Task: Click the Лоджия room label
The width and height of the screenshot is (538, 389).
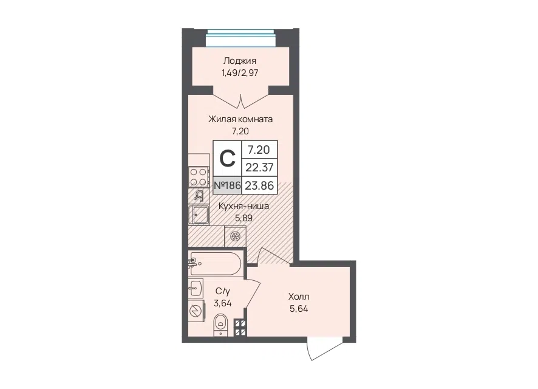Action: tap(239, 61)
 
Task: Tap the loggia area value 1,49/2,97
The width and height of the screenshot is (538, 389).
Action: tap(240, 73)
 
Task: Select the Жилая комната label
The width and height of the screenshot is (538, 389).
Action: tap(240, 119)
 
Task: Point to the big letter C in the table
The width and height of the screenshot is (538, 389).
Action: tap(227, 159)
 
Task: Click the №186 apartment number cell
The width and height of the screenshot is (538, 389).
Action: tap(227, 185)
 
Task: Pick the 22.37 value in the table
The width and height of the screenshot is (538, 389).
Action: tap(259, 168)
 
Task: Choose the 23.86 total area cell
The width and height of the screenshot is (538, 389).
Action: tap(259, 186)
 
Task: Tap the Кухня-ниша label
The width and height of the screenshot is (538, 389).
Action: tap(243, 206)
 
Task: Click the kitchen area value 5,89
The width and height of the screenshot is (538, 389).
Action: tap(243, 218)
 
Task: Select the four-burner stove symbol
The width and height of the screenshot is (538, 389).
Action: tap(199, 177)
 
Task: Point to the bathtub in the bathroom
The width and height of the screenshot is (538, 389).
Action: tap(215, 263)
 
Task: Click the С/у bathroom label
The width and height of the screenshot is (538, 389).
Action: tap(223, 292)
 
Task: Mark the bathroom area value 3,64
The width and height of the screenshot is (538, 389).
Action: tap(223, 303)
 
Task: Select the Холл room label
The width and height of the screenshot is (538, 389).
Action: tap(299, 296)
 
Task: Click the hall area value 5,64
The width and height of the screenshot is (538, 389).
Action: tap(299, 309)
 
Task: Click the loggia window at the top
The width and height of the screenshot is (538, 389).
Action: tap(242, 38)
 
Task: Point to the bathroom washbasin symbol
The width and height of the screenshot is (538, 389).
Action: tap(196, 287)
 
